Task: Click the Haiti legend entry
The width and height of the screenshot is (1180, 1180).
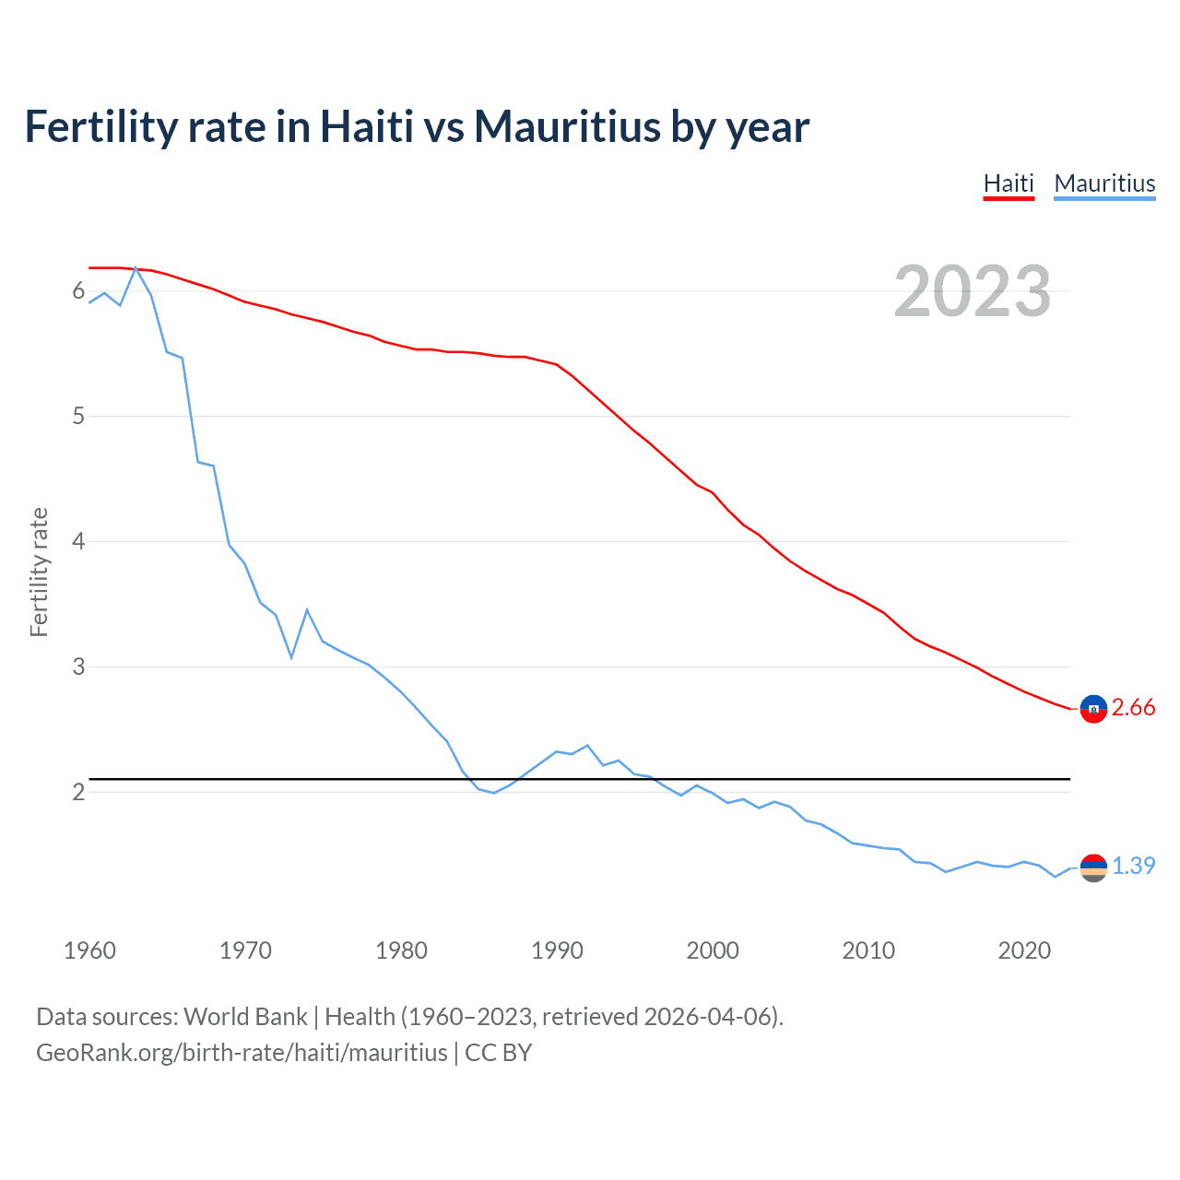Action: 1009,183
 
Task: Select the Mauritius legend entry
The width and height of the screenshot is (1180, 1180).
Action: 1104,183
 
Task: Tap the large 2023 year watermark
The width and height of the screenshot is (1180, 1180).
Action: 973,291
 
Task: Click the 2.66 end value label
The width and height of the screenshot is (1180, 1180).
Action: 1133,707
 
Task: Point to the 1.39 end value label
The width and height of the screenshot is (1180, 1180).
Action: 1133,866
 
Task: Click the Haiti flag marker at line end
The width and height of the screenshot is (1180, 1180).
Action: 1093,708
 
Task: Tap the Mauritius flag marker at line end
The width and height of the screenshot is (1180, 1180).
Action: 1093,867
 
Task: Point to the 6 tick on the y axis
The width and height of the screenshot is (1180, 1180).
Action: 78,291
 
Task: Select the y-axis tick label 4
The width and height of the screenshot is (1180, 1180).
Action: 78,541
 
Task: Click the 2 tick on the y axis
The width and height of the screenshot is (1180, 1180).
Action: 78,792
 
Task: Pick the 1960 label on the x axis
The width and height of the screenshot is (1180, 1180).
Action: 89,950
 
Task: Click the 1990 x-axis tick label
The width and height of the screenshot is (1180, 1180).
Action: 557,950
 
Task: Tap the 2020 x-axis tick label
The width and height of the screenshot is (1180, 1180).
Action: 1024,950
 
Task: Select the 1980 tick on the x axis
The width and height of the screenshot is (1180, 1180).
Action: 401,950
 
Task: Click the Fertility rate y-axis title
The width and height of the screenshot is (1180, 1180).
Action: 39,572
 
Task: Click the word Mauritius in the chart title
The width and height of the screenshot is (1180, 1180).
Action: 567,126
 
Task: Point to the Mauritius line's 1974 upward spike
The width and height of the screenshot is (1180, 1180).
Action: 307,610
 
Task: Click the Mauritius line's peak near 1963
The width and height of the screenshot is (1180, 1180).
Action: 136,268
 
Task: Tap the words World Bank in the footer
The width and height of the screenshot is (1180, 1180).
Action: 245,1017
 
